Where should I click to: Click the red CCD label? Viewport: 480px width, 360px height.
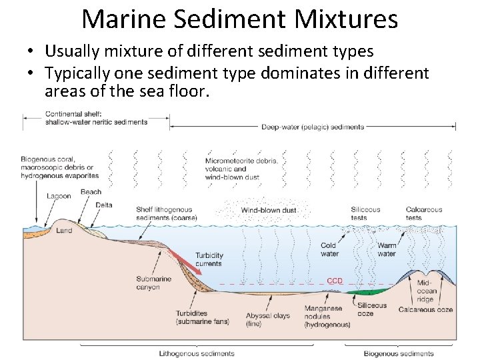pos(334,281)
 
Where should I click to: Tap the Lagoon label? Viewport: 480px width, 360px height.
pos(59,196)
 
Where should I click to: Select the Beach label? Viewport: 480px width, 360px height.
pos(91,192)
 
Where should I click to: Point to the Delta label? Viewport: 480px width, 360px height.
pos(104,205)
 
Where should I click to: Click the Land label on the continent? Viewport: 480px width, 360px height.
pos(64,231)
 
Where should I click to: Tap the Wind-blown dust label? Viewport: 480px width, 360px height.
pos(269,211)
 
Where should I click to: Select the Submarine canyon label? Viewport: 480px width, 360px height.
pos(153,283)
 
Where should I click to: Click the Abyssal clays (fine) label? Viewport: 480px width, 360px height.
pos(267,319)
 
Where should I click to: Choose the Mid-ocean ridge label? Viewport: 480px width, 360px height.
pos(427,291)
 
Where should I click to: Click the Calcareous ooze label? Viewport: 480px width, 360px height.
pos(425,309)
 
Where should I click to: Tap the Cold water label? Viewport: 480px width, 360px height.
pos(329,249)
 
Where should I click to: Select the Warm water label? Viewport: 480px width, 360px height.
pos(387,249)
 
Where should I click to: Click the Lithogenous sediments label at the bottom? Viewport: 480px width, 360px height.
pos(196,353)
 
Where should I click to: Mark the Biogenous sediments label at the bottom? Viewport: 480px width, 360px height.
pos(398,353)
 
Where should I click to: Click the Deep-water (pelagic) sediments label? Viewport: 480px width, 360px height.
pos(313,127)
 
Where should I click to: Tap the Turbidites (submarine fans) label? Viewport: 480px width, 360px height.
pos(202,317)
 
